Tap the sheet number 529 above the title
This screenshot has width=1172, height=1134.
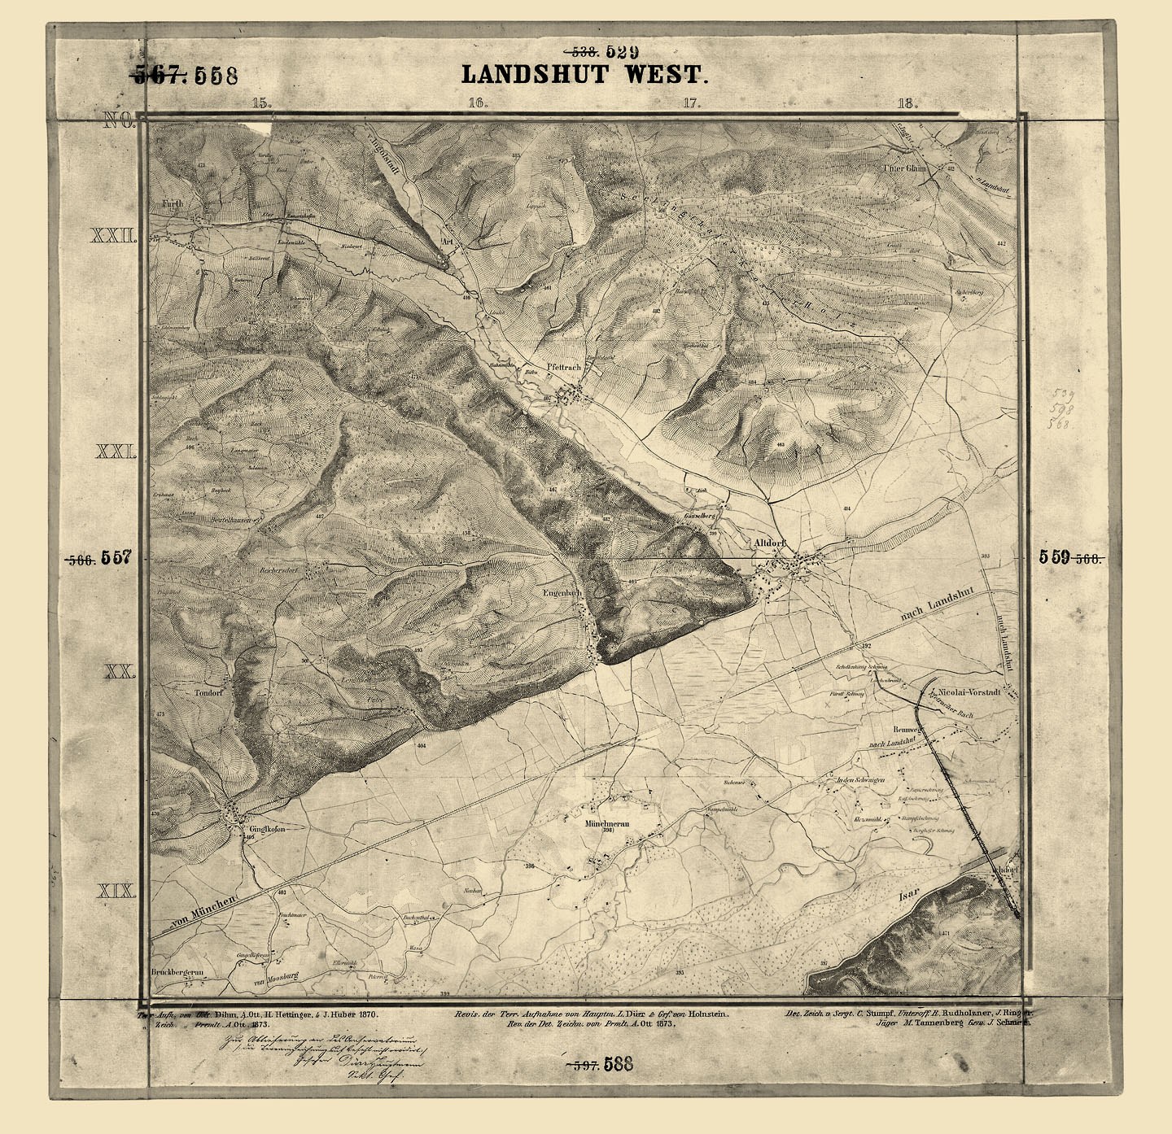click(622, 53)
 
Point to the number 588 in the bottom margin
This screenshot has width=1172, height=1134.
click(619, 1064)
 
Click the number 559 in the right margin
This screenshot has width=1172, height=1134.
click(1054, 557)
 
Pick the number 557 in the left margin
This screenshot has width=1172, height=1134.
click(116, 558)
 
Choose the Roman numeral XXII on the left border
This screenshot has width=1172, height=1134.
click(113, 236)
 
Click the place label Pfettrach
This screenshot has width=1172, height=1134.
click(564, 368)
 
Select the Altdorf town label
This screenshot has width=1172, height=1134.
click(769, 543)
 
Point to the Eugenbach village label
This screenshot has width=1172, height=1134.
click(562, 594)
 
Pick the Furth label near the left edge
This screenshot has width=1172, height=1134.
click(172, 203)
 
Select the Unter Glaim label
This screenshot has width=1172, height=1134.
click(905, 168)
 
